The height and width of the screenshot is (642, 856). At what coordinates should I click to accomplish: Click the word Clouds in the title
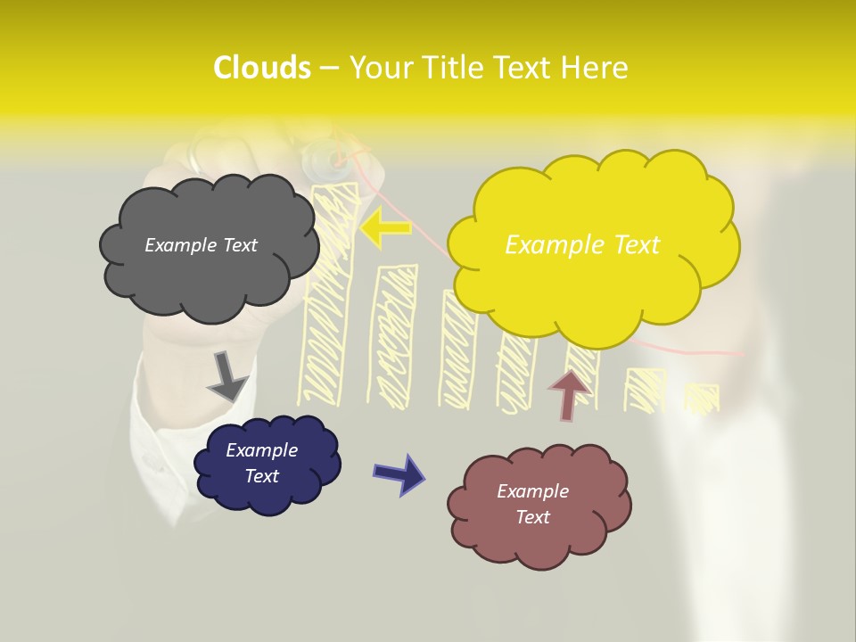pyautogui.click(x=261, y=68)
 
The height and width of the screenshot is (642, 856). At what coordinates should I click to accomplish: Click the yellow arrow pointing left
pyautogui.click(x=386, y=227)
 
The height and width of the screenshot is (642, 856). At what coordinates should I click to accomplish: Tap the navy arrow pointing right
pyautogui.click(x=399, y=474)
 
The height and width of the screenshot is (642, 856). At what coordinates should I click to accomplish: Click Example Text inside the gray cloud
pyautogui.click(x=201, y=245)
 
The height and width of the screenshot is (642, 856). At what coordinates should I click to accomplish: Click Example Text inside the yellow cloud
pyautogui.click(x=582, y=245)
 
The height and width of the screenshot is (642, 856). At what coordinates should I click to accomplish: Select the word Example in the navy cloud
pyautogui.click(x=261, y=450)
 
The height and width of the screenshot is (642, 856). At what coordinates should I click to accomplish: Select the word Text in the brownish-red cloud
pyautogui.click(x=532, y=517)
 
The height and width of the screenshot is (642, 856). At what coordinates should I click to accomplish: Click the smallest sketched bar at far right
pyautogui.click(x=702, y=399)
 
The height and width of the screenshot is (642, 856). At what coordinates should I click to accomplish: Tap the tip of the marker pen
pyautogui.click(x=338, y=161)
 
